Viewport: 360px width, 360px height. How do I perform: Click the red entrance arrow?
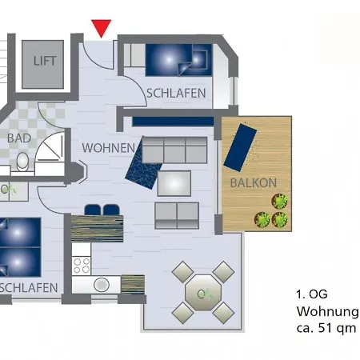[101, 28]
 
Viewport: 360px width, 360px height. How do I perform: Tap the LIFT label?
[45, 61]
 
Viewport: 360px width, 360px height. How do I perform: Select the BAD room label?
[19, 138]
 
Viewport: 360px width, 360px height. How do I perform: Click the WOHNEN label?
[109, 148]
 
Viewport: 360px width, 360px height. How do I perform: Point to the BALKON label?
[254, 183]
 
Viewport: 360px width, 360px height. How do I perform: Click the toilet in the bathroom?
[22, 162]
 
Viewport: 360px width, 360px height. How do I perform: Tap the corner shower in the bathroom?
[50, 154]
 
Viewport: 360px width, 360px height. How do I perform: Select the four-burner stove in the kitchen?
[82, 266]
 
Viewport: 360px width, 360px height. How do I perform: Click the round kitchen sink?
[102, 285]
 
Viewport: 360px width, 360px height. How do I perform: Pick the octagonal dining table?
[203, 293]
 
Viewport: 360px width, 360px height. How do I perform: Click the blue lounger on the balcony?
[240, 147]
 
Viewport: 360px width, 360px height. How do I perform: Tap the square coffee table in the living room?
[174, 183]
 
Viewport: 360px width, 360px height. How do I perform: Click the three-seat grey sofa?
[174, 150]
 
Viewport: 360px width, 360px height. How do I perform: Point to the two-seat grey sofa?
[177, 216]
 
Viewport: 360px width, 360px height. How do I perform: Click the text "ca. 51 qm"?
[326, 328]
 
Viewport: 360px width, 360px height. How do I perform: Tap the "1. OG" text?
[312, 294]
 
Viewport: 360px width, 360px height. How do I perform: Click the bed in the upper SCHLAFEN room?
[178, 60]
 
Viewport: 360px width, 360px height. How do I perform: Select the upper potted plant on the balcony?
[279, 202]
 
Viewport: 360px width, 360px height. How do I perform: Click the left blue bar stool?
[93, 210]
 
